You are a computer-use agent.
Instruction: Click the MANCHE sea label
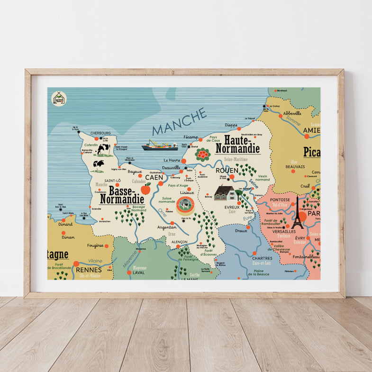[180, 122]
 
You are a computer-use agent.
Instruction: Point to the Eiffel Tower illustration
[298, 213]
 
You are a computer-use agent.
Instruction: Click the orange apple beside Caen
[145, 189]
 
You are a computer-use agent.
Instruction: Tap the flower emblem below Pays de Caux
[203, 154]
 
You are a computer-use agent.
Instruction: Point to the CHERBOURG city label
[100, 133]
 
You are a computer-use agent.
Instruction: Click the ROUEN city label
[227, 170]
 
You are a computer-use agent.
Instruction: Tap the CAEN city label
[154, 177]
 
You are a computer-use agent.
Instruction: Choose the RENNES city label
[89, 270]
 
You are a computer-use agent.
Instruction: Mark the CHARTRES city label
[262, 258]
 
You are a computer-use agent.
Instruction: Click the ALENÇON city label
[179, 242]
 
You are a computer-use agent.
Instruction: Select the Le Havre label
[171, 160]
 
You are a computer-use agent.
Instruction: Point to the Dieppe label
[231, 125]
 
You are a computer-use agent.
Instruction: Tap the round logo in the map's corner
[59, 99]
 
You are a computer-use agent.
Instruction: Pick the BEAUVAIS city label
[295, 167]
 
